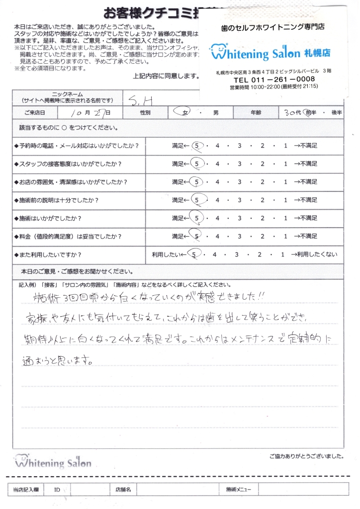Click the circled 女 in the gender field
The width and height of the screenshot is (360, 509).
tap(184, 113)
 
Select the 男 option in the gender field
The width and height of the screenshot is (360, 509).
tap(216, 113)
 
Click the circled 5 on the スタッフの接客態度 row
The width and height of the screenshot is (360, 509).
tap(197, 164)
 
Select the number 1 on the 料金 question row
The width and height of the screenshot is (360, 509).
tap(285, 236)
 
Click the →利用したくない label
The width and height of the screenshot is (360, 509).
tap(315, 254)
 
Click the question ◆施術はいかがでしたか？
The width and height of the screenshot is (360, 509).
tap(48, 218)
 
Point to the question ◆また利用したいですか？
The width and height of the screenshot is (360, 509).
tap(48, 254)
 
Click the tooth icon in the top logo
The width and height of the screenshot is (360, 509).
tap(217, 51)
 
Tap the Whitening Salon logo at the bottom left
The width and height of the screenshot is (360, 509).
tap(52, 461)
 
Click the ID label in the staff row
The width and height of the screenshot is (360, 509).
tap(57, 490)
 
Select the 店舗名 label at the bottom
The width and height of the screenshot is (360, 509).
tap(122, 490)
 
